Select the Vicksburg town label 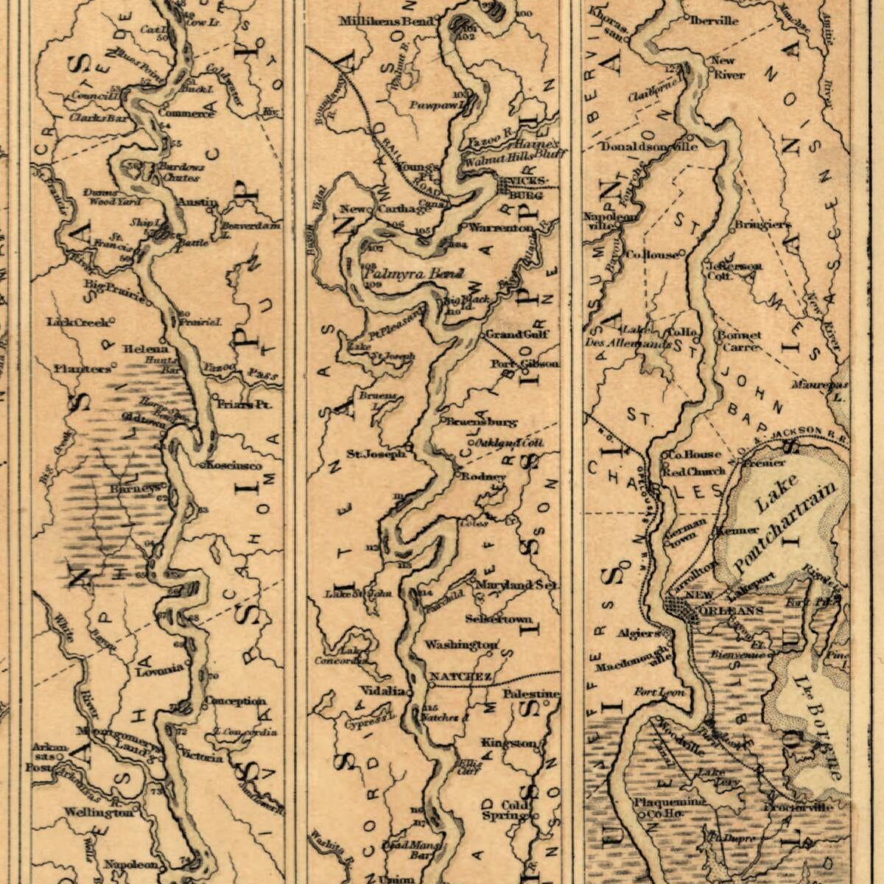coord(525,188)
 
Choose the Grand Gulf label coord(517,334)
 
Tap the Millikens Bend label coord(386,21)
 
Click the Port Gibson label coord(525,364)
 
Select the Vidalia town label coord(382,691)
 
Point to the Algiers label coord(638,633)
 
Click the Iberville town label coord(714,21)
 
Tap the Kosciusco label coord(234,466)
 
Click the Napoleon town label coord(131,863)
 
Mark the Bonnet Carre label coord(740,340)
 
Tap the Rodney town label coord(483,477)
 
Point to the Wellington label coord(98,812)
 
